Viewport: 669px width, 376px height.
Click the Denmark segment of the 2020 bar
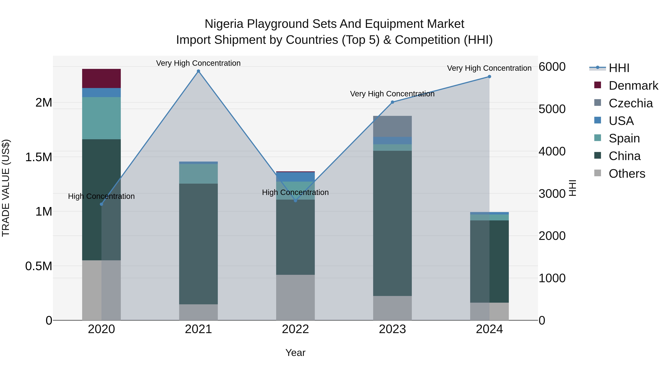[101, 78]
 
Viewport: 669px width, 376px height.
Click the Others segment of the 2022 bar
[295, 297]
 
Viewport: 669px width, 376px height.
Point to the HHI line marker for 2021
[198, 71]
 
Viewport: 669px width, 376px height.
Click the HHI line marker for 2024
[489, 76]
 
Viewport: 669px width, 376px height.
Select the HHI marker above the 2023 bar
[392, 102]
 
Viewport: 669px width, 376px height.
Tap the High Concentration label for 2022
[295, 192]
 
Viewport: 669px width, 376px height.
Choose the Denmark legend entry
[633, 86]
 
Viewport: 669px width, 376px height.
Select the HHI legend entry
[619, 68]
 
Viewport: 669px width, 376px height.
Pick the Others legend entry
[627, 174]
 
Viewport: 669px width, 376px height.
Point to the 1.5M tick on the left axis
[38, 157]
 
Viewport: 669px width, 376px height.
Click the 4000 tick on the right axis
[552, 151]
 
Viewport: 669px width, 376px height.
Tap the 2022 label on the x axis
[295, 329]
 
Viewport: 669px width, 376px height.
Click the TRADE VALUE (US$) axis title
[6, 188]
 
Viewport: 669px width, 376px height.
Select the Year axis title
[295, 353]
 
